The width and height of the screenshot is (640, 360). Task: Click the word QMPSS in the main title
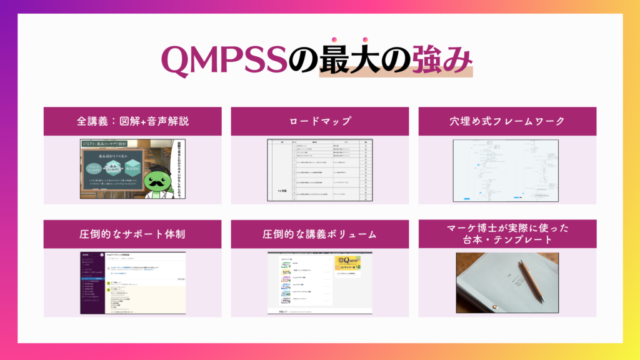click(x=225, y=61)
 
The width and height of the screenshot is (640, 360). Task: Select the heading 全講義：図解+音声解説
click(x=132, y=121)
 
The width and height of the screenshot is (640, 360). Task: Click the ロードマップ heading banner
click(x=320, y=121)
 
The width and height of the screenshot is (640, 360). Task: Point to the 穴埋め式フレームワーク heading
click(x=507, y=121)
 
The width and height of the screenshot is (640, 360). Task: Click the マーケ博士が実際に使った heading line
click(x=507, y=228)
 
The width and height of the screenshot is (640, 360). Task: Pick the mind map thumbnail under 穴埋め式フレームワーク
click(x=507, y=171)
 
